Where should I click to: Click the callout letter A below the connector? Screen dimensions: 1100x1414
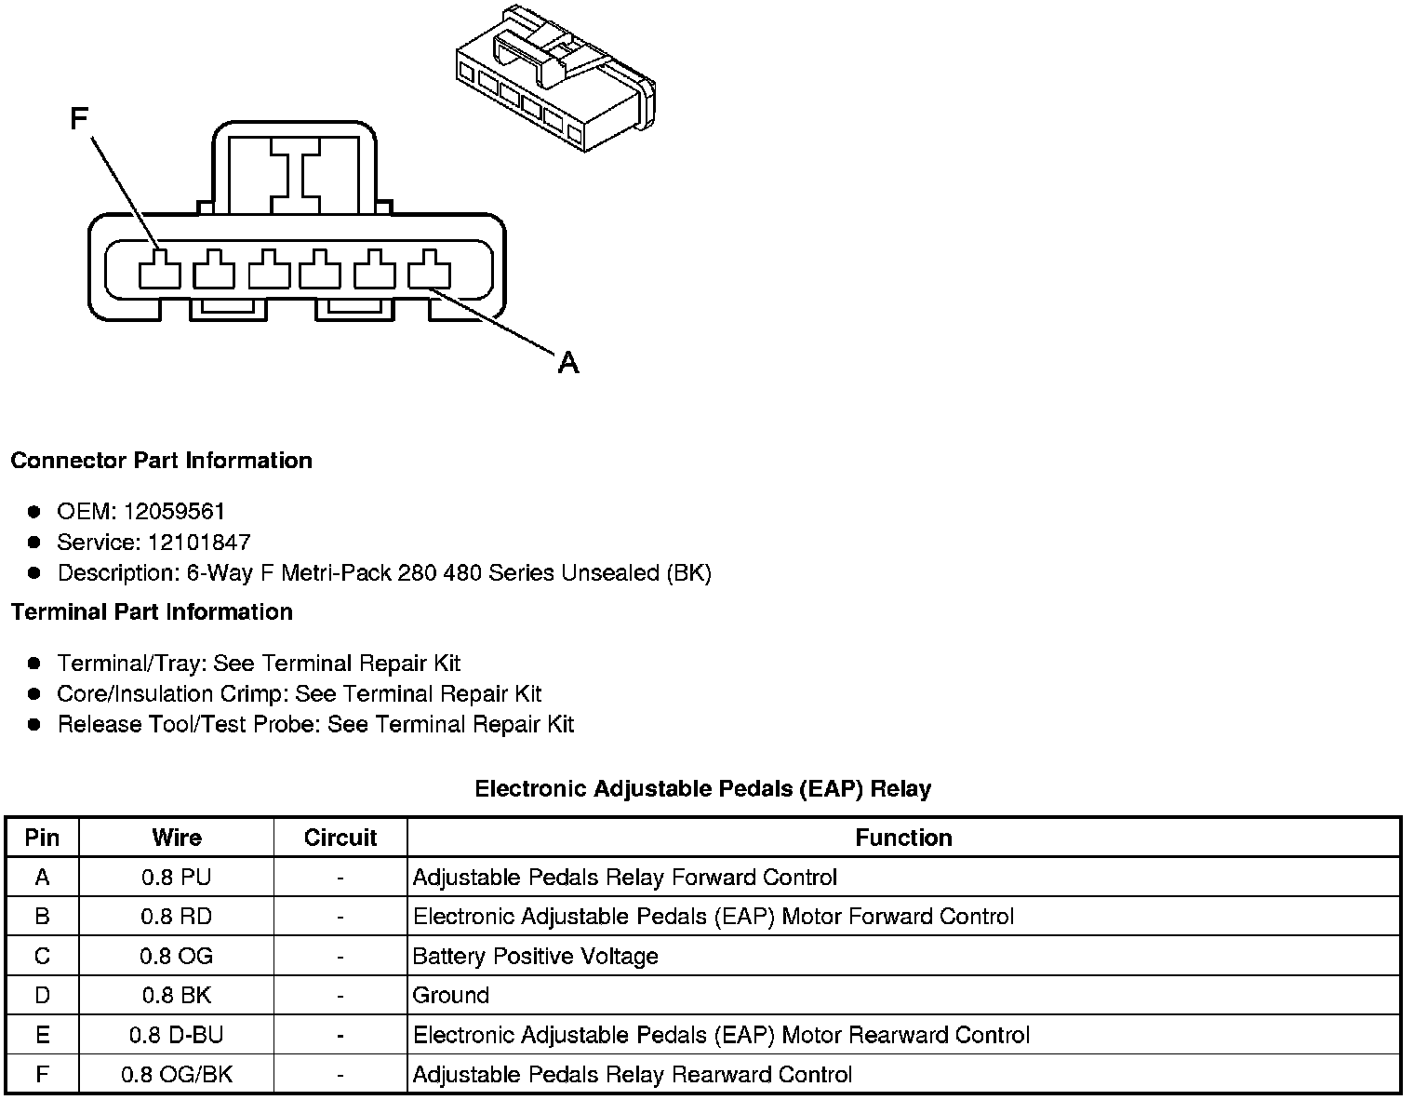click(568, 362)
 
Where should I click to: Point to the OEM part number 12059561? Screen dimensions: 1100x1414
click(174, 511)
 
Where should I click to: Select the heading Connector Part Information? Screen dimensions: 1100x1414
click(162, 461)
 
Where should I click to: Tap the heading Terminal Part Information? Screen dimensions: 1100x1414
click(152, 611)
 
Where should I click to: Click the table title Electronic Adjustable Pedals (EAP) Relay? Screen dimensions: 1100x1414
click(702, 789)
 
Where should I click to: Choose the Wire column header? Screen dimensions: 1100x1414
click(177, 838)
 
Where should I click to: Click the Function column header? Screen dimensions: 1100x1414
click(903, 838)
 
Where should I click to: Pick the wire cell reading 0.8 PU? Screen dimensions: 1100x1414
click(177, 878)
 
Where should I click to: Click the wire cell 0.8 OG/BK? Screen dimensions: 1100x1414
click(177, 1075)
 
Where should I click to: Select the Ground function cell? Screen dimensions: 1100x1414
click(451, 996)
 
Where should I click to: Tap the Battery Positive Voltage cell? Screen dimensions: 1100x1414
click(535, 957)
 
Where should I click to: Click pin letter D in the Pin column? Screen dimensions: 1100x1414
click(42, 996)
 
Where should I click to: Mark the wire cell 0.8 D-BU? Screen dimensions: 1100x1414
click(177, 1035)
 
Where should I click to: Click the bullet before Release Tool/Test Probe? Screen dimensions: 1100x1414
click(34, 724)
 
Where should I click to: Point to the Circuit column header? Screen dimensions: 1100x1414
click(340, 838)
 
